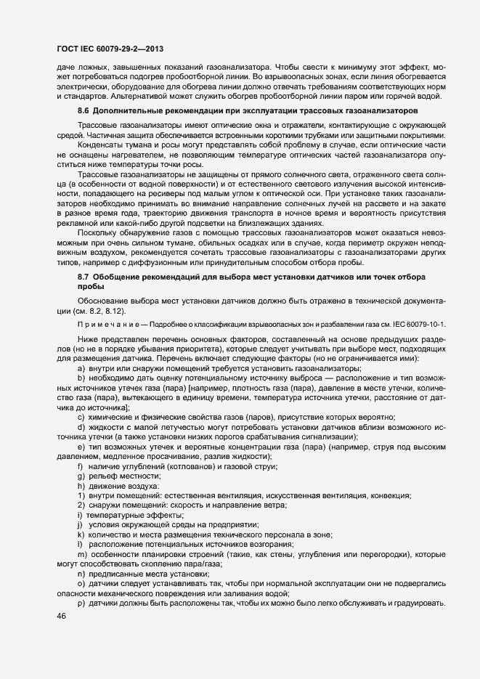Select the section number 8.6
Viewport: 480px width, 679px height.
click(x=84, y=111)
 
